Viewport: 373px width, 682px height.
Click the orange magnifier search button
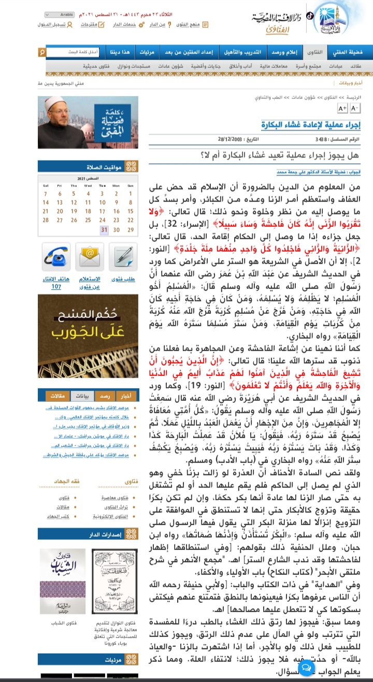(x=42, y=52)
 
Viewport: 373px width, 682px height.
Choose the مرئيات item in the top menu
(x=147, y=52)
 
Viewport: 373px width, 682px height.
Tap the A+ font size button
(x=342, y=108)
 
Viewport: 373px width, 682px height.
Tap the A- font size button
(x=355, y=108)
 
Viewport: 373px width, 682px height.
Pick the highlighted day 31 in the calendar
(x=104, y=229)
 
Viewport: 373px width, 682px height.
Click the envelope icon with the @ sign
(x=88, y=257)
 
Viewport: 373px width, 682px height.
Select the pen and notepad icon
(x=123, y=257)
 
